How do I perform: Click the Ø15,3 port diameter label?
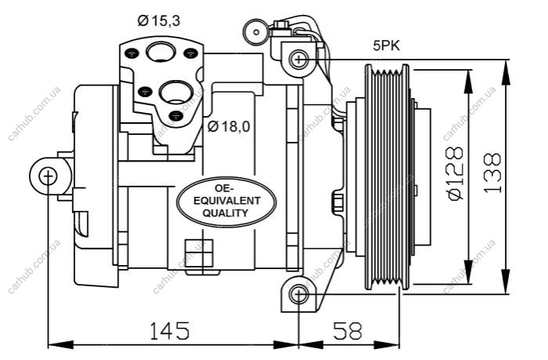point(158,20)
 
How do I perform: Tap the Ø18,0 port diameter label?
point(229,126)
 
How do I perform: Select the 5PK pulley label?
point(386,45)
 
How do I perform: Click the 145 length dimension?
point(169,330)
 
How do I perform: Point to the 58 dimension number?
point(348,330)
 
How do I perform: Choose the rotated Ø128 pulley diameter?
point(455,173)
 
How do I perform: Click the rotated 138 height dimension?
point(492,173)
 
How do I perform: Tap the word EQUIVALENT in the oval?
point(227,201)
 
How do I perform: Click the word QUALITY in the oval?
point(226,213)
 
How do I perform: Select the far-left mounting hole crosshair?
point(48,176)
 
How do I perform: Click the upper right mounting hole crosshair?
point(299,60)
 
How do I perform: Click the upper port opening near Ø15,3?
point(161,52)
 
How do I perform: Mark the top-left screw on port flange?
point(132,53)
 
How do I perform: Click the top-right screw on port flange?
point(191,53)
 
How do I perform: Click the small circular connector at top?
point(256,32)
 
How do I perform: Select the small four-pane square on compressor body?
point(199,253)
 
